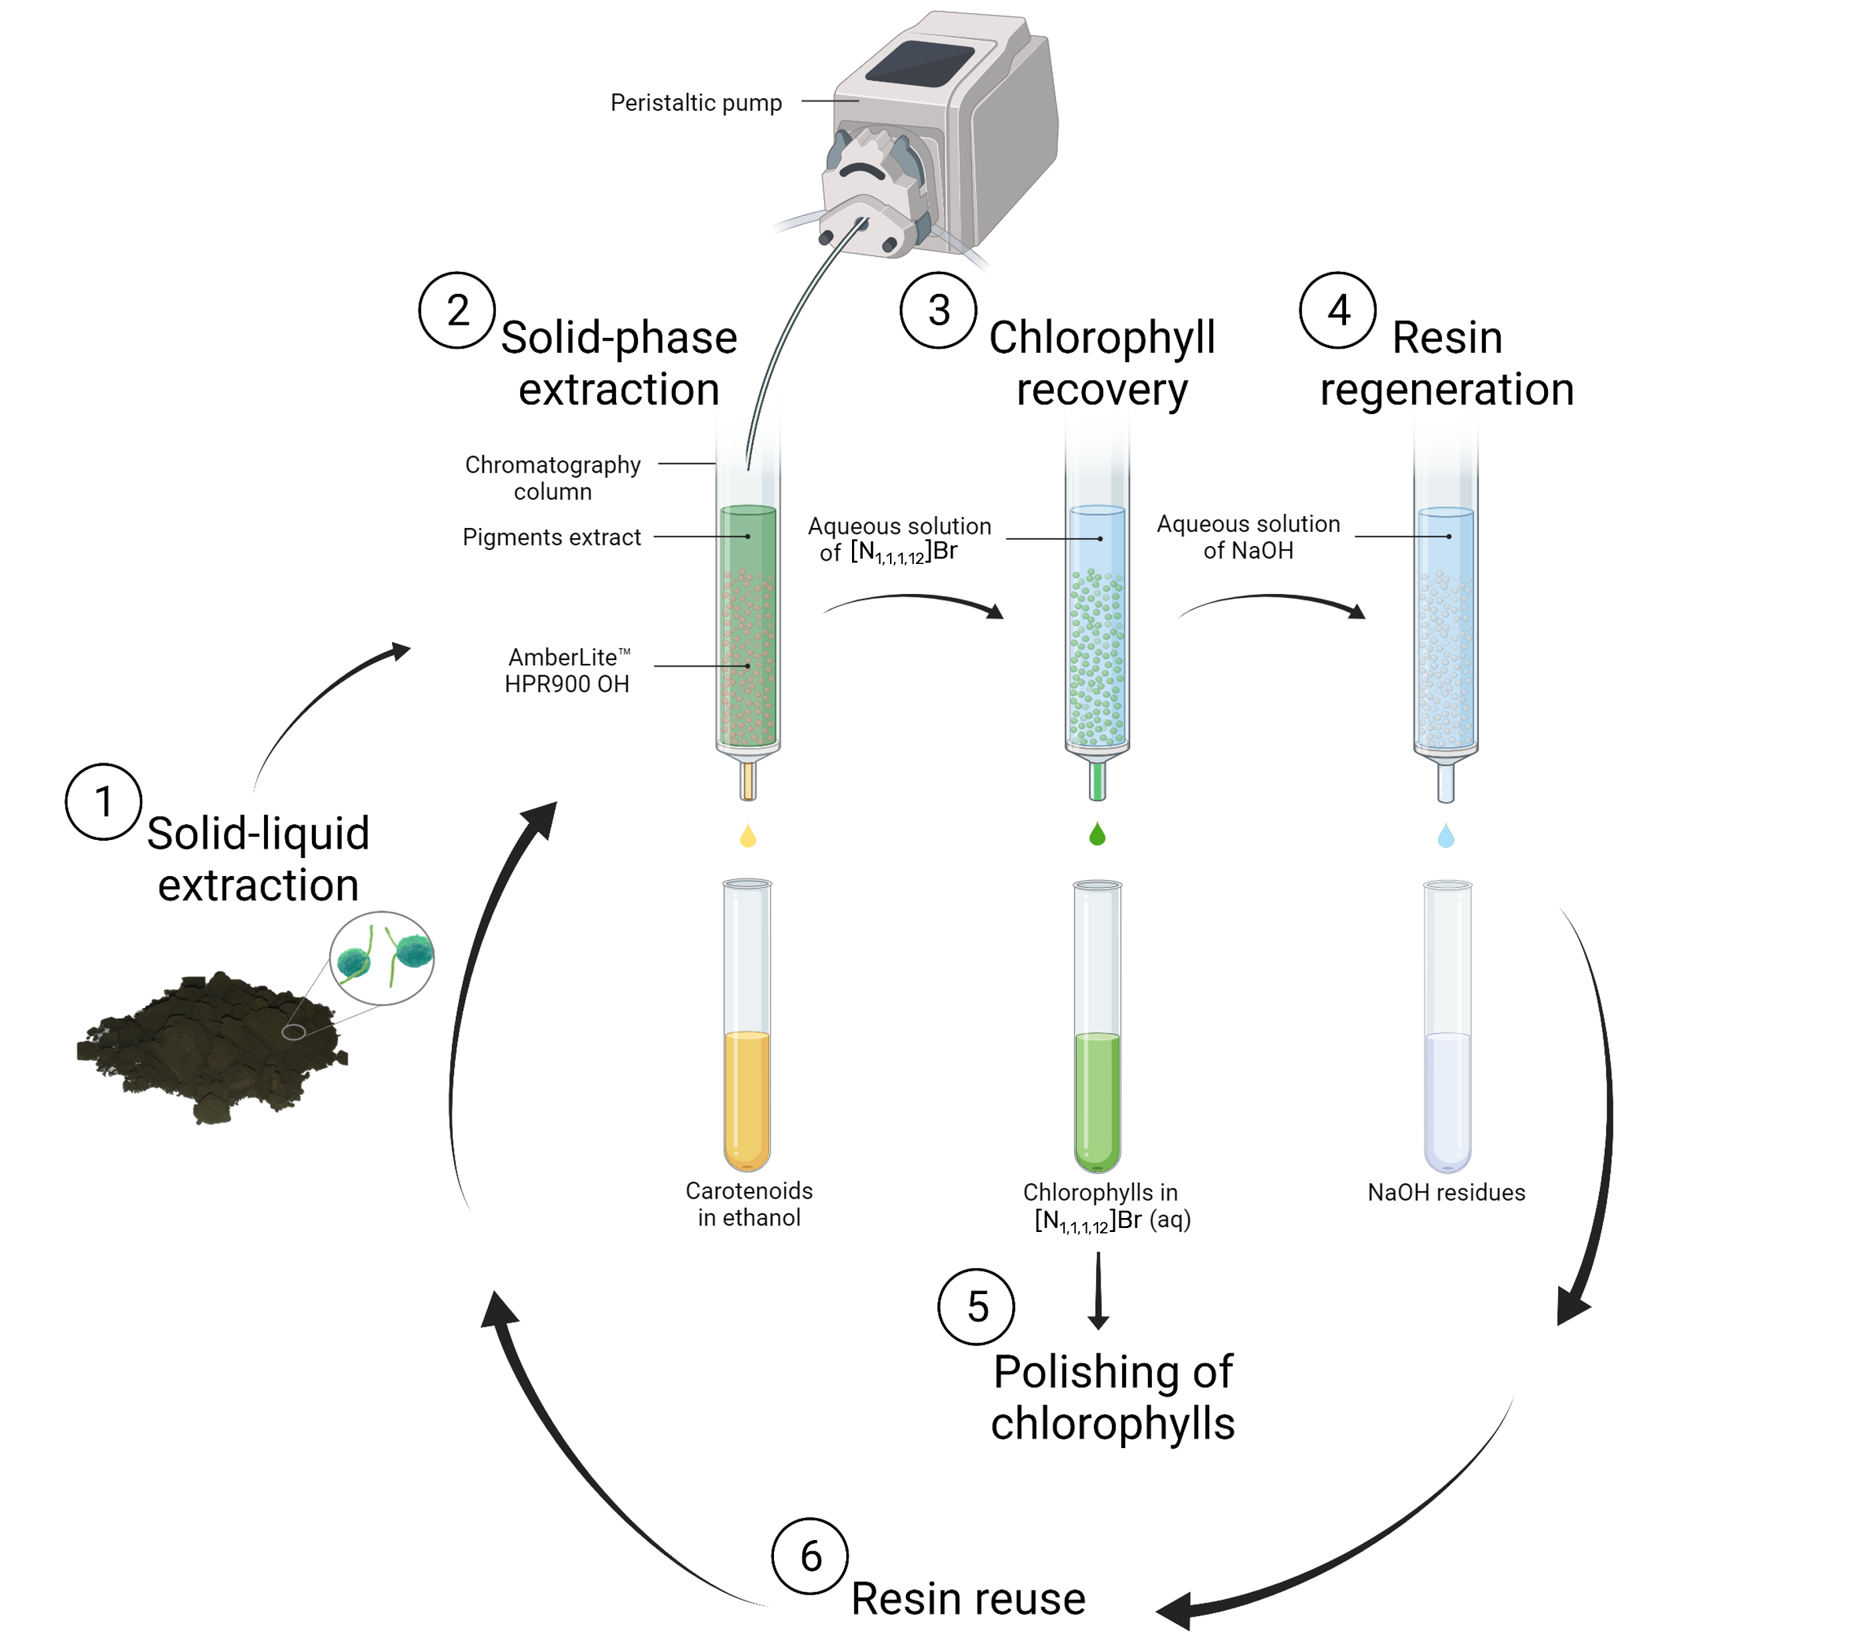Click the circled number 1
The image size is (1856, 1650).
(103, 802)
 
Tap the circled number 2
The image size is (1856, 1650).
(457, 311)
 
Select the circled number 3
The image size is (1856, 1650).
(938, 311)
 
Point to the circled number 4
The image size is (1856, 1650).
(1337, 311)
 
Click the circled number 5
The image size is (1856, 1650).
(976, 1307)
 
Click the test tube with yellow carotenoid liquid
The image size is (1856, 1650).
(747, 1026)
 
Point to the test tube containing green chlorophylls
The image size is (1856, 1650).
(1097, 1026)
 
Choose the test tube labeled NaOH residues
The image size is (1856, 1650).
(1447, 1026)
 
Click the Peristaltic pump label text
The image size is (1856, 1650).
(695, 103)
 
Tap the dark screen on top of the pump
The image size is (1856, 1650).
(920, 63)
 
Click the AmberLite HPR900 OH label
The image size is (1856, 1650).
(567, 670)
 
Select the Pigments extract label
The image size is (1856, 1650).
(551, 537)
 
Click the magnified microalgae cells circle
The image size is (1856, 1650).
(381, 958)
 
